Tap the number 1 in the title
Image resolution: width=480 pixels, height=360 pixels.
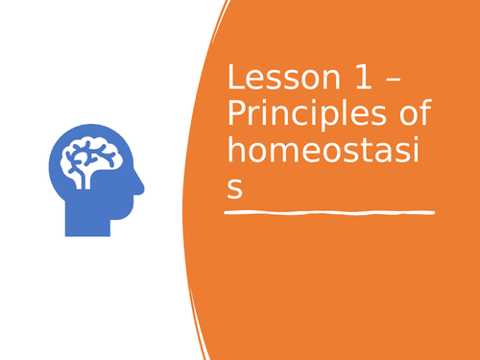344,80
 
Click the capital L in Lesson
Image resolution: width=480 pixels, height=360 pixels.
233,80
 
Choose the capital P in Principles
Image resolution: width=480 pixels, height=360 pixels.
235,117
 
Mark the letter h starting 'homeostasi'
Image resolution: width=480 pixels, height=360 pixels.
234,154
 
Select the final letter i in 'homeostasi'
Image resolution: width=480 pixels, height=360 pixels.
419,153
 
